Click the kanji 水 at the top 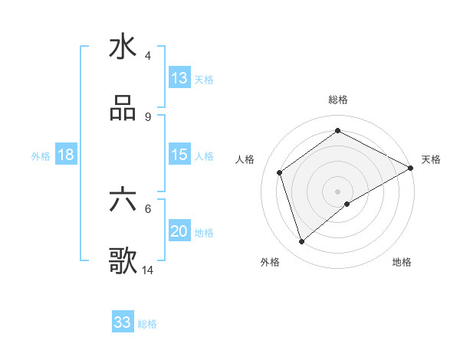pyautogui.click(x=123, y=47)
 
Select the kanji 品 pyautogui.click(x=123, y=109)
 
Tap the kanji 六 pyautogui.click(x=123, y=200)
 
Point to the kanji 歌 pyautogui.click(x=123, y=262)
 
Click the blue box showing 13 pyautogui.click(x=179, y=77)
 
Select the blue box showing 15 pyautogui.click(x=179, y=155)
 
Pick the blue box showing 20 pyautogui.click(x=179, y=232)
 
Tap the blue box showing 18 pyautogui.click(x=66, y=155)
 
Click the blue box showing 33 pyautogui.click(x=123, y=322)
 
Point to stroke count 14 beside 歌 pyautogui.click(x=148, y=270)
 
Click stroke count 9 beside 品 pyautogui.click(x=148, y=116)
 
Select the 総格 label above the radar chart pyautogui.click(x=338, y=100)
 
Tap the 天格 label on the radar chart pyautogui.click(x=431, y=159)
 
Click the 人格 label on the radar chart pyautogui.click(x=245, y=159)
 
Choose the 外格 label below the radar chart pyautogui.click(x=270, y=262)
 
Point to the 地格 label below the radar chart pyautogui.click(x=402, y=262)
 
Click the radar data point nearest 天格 pyautogui.click(x=411, y=168)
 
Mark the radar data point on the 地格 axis pyautogui.click(x=347, y=204)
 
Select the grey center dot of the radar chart pyautogui.click(x=338, y=191)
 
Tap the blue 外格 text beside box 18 pyautogui.click(x=41, y=155)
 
